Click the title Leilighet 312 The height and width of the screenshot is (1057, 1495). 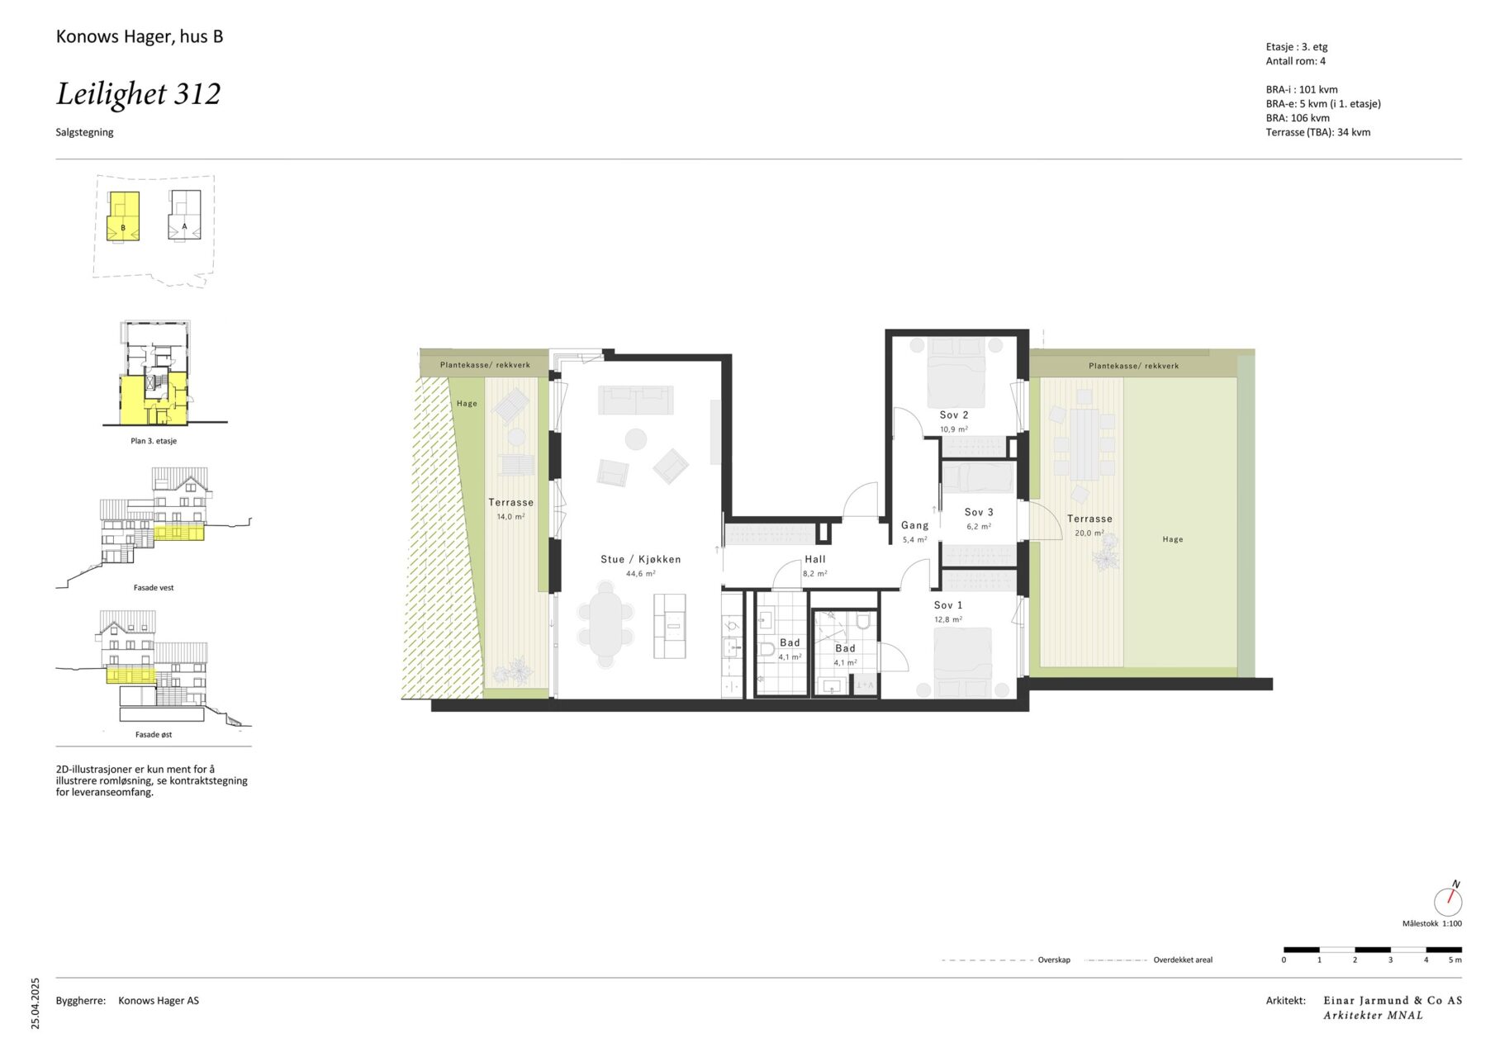tap(139, 94)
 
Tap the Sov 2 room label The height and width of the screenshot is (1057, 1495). tap(954, 415)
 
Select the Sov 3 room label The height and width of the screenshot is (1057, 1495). tap(979, 512)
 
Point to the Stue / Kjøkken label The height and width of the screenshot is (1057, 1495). tap(641, 559)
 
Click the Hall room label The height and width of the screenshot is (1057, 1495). tap(815, 559)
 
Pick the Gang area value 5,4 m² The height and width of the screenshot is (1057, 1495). tap(914, 539)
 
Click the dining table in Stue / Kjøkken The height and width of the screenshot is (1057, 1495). tap(606, 624)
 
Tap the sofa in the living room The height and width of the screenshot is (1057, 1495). tap(636, 401)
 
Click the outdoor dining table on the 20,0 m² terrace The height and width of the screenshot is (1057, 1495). tap(1084, 444)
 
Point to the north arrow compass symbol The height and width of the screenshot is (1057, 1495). tap(1448, 898)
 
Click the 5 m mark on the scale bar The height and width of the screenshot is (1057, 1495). tap(1455, 960)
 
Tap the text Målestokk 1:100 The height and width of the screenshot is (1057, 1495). tap(1432, 923)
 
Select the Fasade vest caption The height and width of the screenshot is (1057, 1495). tap(154, 588)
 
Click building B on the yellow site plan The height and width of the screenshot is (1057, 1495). tap(123, 216)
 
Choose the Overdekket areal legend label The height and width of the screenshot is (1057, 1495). tap(1183, 960)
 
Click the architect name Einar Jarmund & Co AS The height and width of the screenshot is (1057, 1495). tap(1393, 1000)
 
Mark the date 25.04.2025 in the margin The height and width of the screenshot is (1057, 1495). tap(35, 1003)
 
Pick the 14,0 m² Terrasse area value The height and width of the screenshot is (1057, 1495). tap(510, 517)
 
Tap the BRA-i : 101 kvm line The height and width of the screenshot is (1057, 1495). tap(1302, 89)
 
